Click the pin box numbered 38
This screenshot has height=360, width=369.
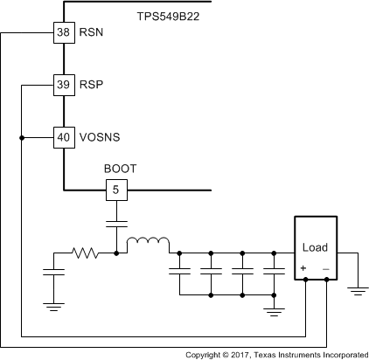tap(65, 33)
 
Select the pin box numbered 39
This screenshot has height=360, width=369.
tap(65, 85)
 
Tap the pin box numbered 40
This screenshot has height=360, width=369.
tap(65, 137)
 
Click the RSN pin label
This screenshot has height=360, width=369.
tap(91, 33)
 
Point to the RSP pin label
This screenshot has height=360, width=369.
tap(91, 85)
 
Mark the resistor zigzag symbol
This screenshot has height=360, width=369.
tap(87, 253)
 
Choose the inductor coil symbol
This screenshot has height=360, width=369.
tap(148, 245)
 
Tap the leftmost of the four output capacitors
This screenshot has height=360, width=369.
tap(179, 273)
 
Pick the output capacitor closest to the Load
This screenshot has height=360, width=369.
tap(274, 273)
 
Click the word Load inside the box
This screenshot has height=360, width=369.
tap(313, 247)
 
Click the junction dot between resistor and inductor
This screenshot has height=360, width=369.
tap(116, 253)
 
